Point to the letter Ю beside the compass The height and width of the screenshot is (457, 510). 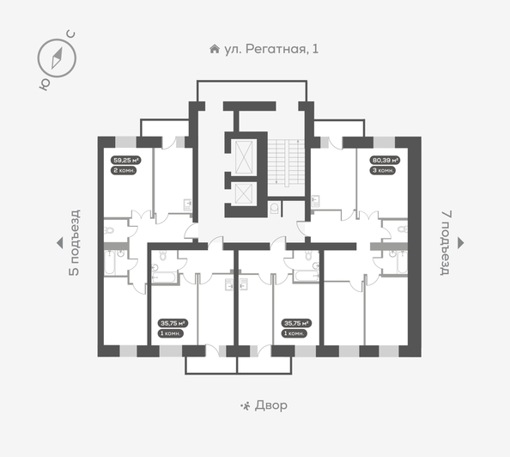coord(42,84)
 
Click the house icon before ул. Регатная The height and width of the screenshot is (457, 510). coord(214,49)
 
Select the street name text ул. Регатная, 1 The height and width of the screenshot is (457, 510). coord(270,49)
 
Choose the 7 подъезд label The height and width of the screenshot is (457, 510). coord(445,242)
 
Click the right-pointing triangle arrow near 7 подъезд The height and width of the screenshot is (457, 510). coord(462,243)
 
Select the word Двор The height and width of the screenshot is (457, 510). coord(271,405)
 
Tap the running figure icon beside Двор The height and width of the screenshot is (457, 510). coord(246,405)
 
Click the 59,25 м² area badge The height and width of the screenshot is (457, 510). coord(126,160)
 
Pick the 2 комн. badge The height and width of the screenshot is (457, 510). coord(125,170)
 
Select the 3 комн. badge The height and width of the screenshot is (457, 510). coord(382,170)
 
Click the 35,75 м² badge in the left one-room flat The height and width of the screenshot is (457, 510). coord(173,323)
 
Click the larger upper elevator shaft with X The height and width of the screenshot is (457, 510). coord(244,155)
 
